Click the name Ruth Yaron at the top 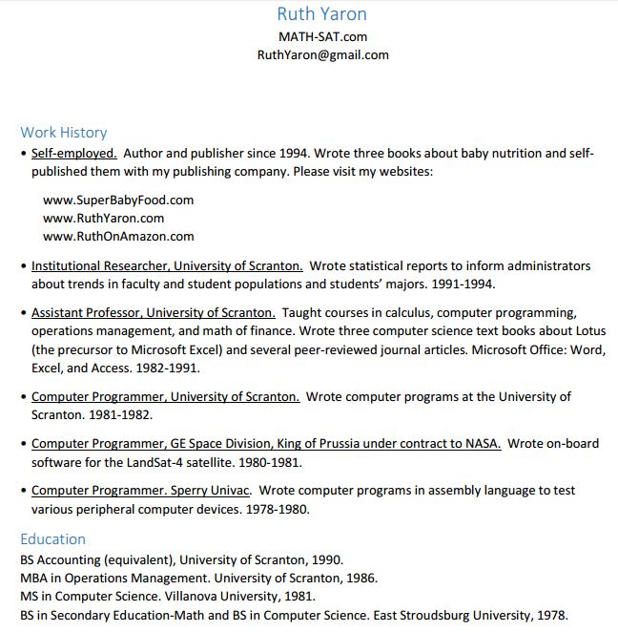point(322,14)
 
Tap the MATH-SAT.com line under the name point(322,36)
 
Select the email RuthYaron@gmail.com point(322,54)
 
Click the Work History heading point(64,133)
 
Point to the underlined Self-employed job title point(74,153)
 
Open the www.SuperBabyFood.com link point(118,200)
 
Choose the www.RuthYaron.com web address point(104,218)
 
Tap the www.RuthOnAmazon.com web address point(118,236)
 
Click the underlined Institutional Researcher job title point(167,265)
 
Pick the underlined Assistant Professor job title point(154,312)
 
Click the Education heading point(53,538)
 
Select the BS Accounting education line point(181,560)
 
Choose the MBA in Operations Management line point(198,578)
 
